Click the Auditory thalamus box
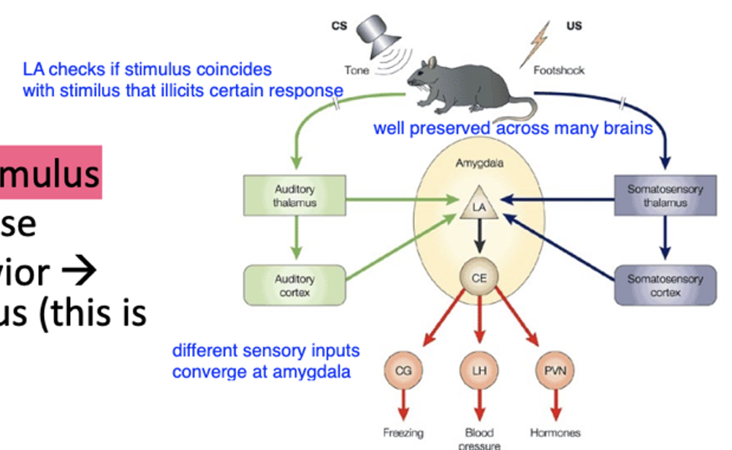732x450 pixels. [x=294, y=197]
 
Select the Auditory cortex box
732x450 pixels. [x=294, y=285]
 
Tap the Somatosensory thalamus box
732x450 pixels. [x=665, y=197]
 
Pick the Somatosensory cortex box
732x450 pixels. [x=665, y=285]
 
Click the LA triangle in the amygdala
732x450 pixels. [x=479, y=207]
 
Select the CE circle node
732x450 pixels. [x=479, y=278]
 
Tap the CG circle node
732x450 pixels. [x=403, y=370]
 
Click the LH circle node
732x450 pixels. [x=479, y=370]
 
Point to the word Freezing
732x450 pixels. [x=403, y=433]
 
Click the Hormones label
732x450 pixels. [x=555, y=433]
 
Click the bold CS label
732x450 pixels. [x=339, y=26]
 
